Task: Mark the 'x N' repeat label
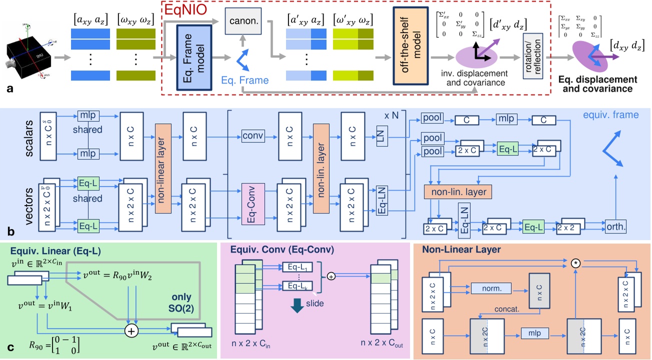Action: pyautogui.click(x=394, y=115)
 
